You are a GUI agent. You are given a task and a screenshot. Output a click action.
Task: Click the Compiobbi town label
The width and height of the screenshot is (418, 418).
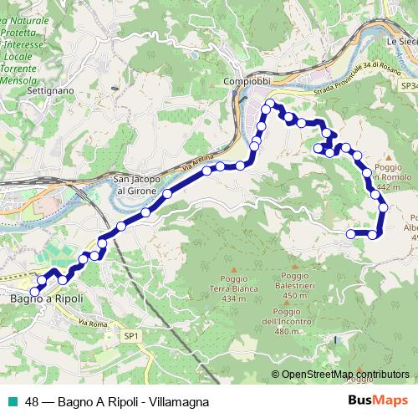click(247, 81)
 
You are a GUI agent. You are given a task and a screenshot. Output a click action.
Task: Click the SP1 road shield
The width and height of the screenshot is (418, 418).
click(130, 334)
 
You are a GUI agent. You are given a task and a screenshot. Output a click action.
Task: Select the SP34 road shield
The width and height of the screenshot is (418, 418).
click(409, 85)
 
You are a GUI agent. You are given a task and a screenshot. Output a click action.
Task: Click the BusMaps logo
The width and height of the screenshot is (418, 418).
click(378, 400)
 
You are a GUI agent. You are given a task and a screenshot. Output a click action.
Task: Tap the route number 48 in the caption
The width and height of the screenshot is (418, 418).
click(32, 400)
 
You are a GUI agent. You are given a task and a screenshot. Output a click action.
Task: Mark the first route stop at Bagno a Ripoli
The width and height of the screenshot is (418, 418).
click(34, 290)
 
